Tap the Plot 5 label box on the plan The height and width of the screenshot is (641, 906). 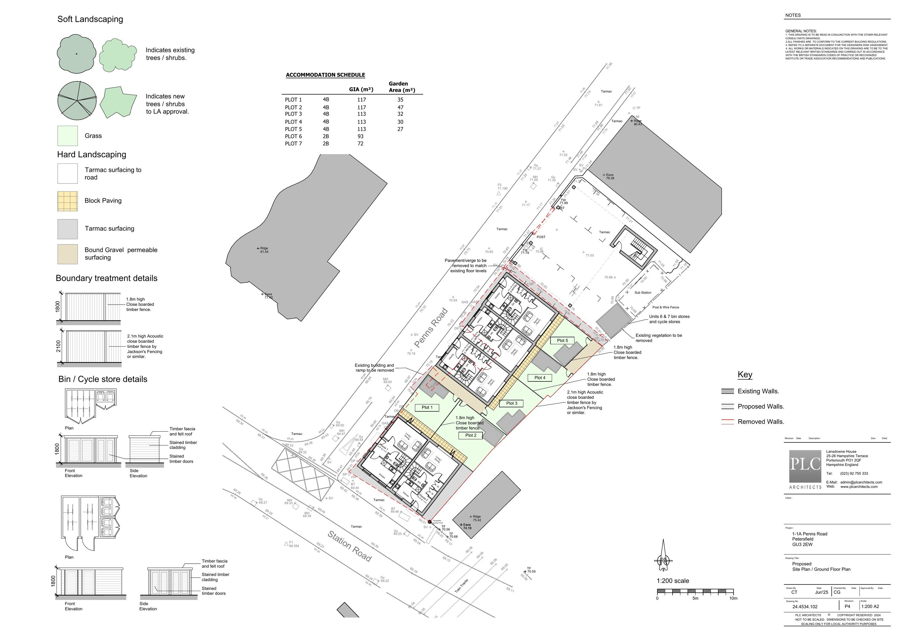(562, 340)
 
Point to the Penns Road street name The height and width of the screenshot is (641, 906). (431, 328)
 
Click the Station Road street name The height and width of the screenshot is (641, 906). (350, 546)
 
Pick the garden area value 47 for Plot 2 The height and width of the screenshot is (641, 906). (400, 107)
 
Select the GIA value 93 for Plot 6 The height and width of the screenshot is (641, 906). (360, 136)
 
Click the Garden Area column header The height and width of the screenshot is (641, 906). (402, 87)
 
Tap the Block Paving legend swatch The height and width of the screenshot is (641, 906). (67, 201)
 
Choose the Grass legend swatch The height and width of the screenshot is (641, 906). (67, 136)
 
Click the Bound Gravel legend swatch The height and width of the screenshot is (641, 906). (67, 254)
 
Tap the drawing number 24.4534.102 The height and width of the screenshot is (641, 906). (805, 607)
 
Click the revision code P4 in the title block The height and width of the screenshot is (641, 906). (847, 606)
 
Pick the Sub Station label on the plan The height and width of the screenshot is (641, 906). (643, 293)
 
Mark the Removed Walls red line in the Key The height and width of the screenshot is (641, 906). (727, 421)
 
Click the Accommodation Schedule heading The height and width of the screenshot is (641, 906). (325, 75)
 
